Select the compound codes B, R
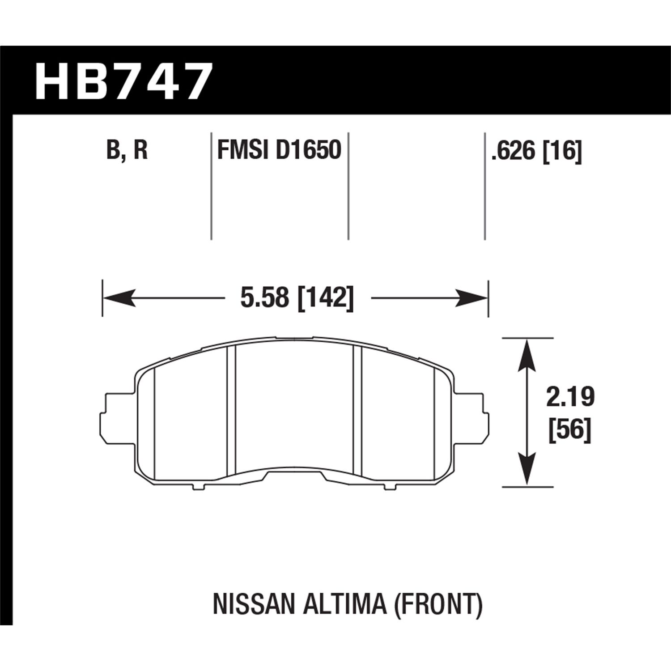127,150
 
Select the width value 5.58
264,297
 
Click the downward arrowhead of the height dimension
527,469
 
